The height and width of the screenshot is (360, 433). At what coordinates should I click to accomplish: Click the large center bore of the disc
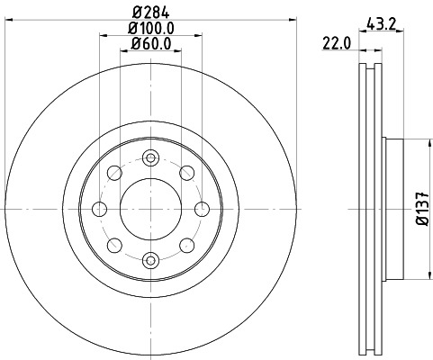coord(150,208)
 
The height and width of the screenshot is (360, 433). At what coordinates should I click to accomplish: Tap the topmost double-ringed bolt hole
coord(150,157)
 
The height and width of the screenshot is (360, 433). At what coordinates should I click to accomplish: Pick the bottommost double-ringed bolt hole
coord(150,260)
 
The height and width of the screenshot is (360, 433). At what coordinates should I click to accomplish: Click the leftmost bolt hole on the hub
coord(99,209)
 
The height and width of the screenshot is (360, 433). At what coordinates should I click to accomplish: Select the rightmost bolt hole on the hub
coord(202,209)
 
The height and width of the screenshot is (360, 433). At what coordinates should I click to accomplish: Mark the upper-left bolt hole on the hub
coord(114,172)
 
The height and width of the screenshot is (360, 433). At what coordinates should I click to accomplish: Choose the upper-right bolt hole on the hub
coord(187,172)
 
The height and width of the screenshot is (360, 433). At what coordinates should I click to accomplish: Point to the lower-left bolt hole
coord(114,245)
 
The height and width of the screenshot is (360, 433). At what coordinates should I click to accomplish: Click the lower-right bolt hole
coord(187,245)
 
